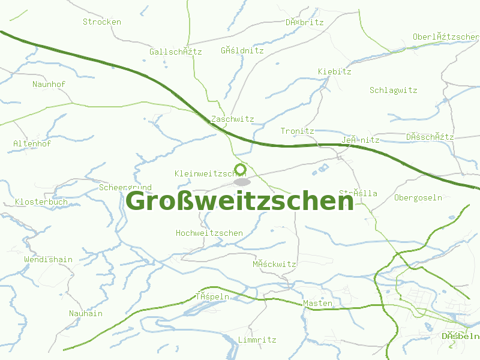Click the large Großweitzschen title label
(x=240, y=201)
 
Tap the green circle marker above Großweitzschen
(x=241, y=169)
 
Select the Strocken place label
(x=102, y=22)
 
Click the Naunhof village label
(x=49, y=85)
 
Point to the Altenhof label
(x=32, y=144)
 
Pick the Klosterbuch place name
(x=41, y=202)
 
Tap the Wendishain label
(x=49, y=260)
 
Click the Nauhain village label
(x=86, y=314)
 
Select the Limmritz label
(x=257, y=340)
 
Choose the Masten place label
(x=318, y=304)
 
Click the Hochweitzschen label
(x=209, y=233)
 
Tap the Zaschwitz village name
(x=233, y=119)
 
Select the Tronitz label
(x=298, y=131)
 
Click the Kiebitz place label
(x=335, y=72)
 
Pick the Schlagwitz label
(x=394, y=91)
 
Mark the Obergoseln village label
(x=418, y=198)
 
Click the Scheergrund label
(x=125, y=188)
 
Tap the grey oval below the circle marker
(x=242, y=181)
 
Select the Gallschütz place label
(x=176, y=52)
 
